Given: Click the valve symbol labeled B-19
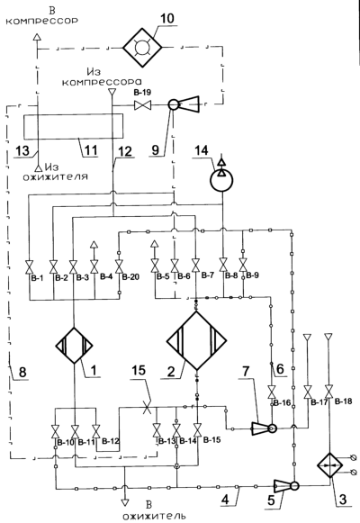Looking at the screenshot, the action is point(142,105).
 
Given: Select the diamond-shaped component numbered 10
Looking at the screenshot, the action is point(142,48).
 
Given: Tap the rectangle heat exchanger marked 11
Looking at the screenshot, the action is point(73,126).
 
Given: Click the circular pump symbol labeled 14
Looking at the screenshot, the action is point(221,180).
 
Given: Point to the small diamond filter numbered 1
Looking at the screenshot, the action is point(74,346).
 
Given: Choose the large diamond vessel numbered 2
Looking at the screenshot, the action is point(197,340).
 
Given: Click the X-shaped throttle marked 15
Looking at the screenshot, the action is point(147,407).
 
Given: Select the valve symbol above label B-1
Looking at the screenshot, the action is point(30,266).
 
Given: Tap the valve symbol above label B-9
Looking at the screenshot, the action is point(243,265).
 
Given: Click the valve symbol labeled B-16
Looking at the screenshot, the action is point(272,392).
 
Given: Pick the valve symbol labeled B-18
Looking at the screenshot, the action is point(329,392).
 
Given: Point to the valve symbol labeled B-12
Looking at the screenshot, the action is point(96,431).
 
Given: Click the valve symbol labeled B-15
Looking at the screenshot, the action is point(198,430).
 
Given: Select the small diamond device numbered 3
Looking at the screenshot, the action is point(330,465).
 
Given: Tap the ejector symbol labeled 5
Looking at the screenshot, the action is point(286,486).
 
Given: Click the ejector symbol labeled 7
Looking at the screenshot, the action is point(264,428).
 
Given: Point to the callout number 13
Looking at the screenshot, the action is point(22,150).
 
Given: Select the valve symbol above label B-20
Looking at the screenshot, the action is point(119,266).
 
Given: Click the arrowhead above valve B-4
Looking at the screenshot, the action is point(94,245).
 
